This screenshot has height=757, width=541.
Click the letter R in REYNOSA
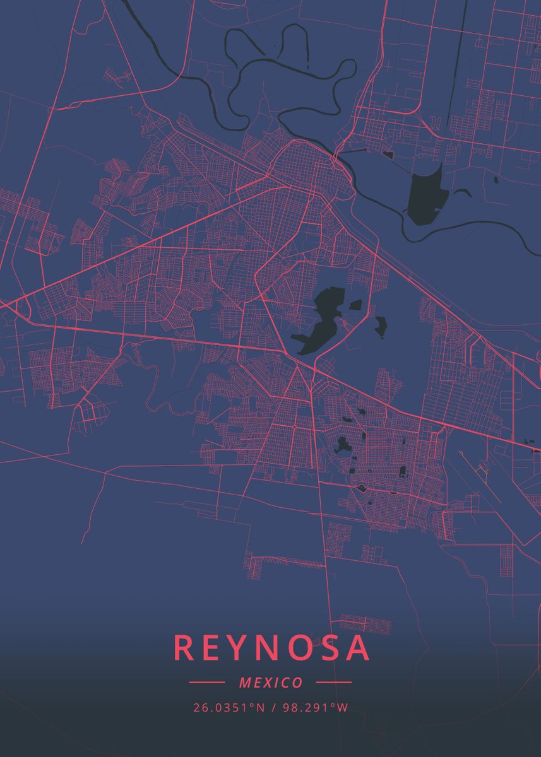184,648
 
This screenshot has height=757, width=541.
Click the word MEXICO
271,683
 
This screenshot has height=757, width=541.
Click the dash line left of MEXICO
206,683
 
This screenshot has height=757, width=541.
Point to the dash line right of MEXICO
333,683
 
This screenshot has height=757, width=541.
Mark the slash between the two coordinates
274,708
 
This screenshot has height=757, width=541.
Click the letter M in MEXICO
245,683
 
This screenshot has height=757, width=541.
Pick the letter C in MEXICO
286,683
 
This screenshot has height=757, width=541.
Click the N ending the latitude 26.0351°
261,708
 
